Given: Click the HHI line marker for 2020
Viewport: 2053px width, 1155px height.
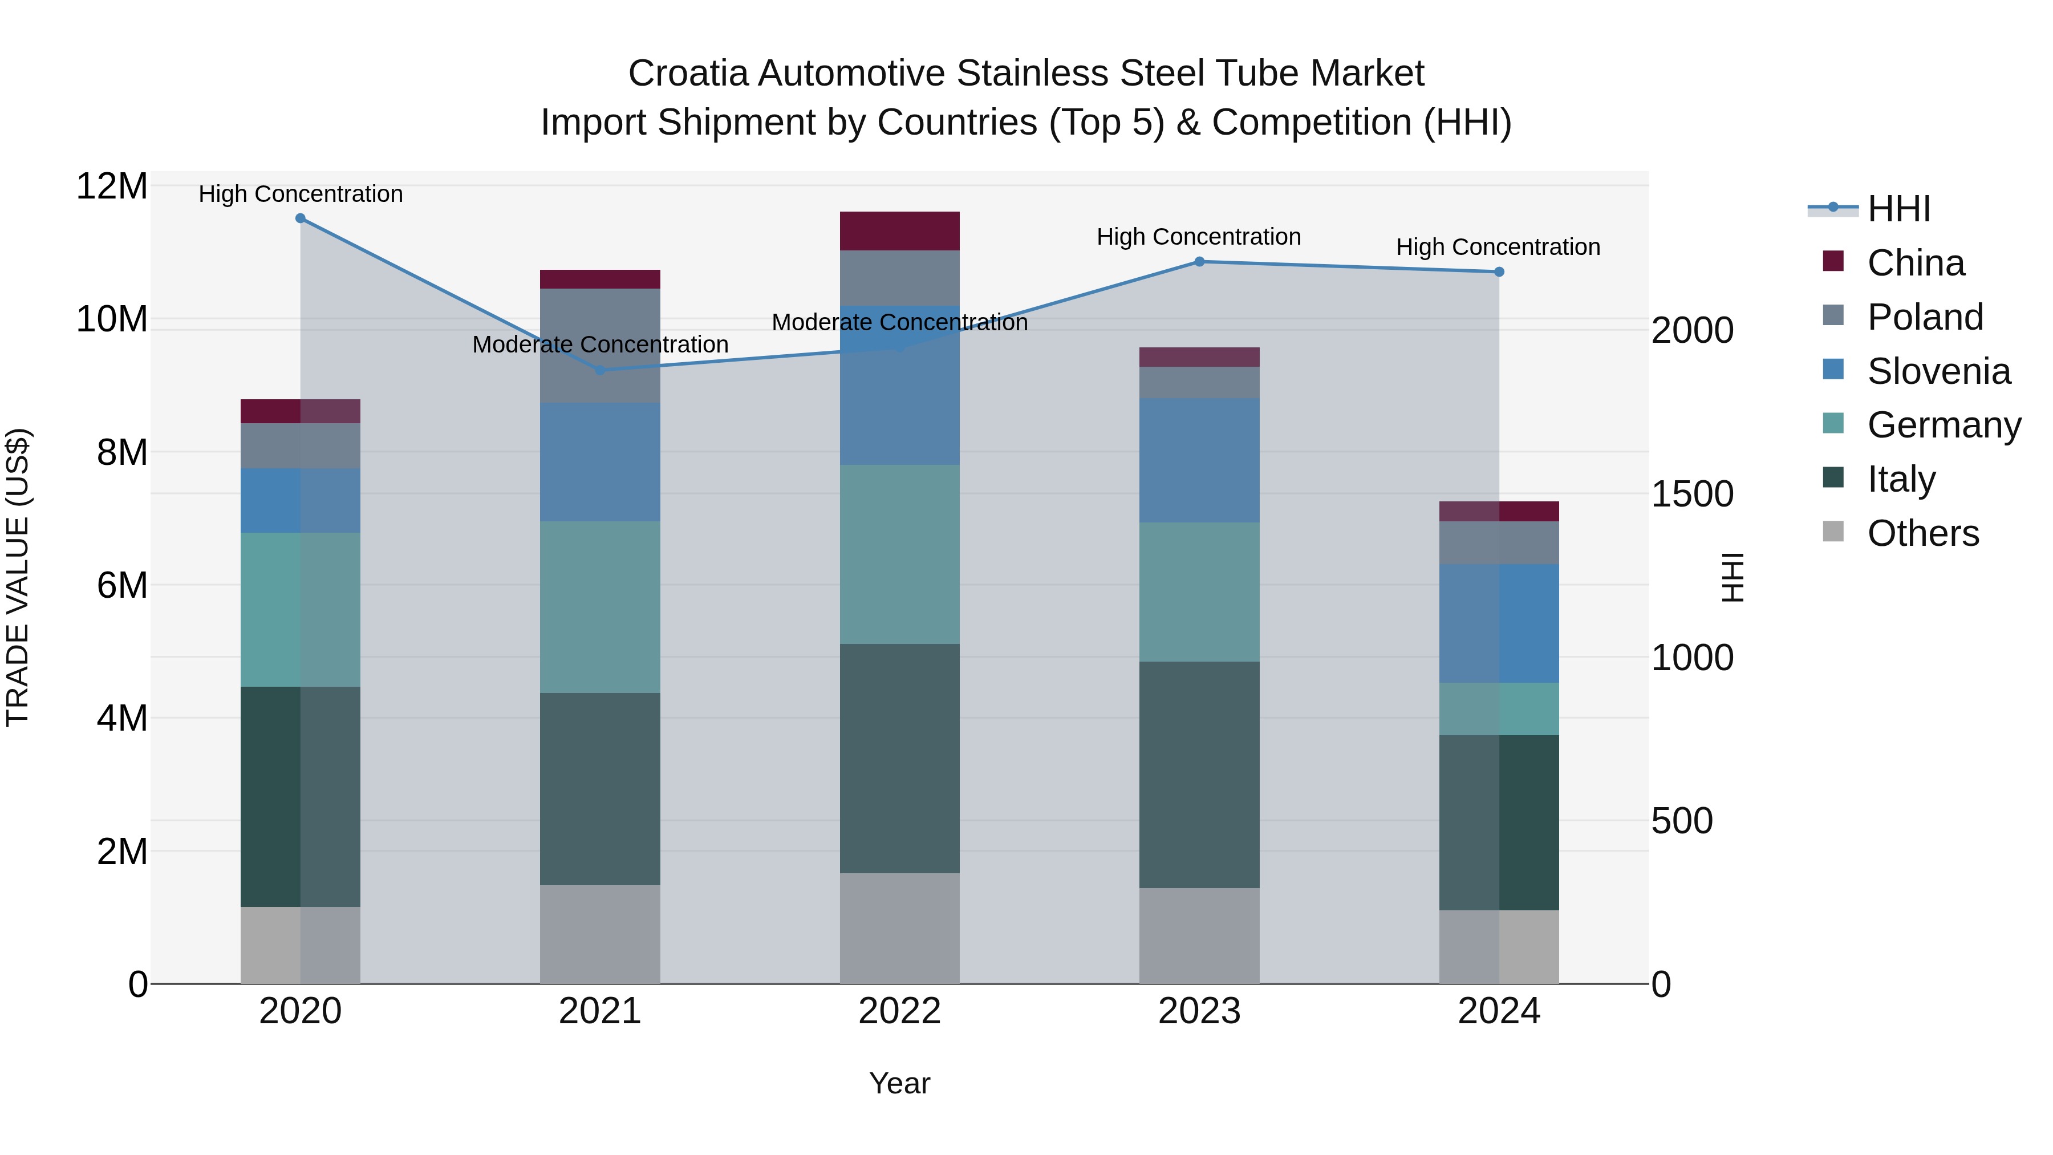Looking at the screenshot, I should [x=301, y=218].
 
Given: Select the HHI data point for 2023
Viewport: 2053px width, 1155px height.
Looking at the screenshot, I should [x=1199, y=261].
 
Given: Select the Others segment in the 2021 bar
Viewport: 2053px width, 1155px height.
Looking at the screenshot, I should [x=599, y=934].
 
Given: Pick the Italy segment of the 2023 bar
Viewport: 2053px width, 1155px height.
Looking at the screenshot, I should [x=1199, y=775].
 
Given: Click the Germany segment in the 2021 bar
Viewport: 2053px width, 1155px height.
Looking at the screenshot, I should [x=599, y=607].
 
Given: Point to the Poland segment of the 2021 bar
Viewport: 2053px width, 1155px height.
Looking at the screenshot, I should [x=599, y=346].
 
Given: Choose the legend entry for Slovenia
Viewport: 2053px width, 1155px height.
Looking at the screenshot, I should [x=1938, y=371].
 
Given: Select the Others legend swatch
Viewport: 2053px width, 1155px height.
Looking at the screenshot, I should [x=1833, y=532].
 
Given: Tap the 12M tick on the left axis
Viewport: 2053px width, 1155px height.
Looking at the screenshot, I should [x=112, y=187].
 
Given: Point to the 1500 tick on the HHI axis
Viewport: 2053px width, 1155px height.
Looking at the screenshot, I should [x=1691, y=494].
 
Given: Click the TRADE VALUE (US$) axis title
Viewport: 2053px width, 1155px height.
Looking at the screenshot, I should [x=18, y=577].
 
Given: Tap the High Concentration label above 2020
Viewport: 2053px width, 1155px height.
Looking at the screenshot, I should [x=301, y=194].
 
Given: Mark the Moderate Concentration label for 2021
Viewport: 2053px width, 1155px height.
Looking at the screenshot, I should [x=599, y=345].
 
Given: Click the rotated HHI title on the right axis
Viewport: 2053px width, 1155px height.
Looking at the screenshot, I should [x=1733, y=577].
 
